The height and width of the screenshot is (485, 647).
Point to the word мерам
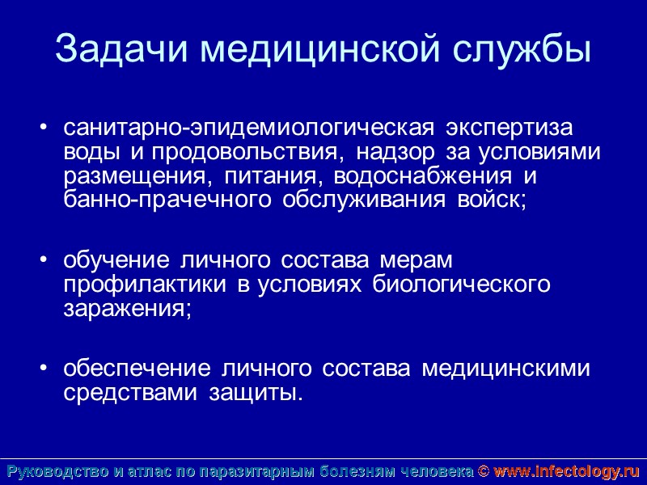click(413, 260)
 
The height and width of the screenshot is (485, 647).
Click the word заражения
click(126, 310)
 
